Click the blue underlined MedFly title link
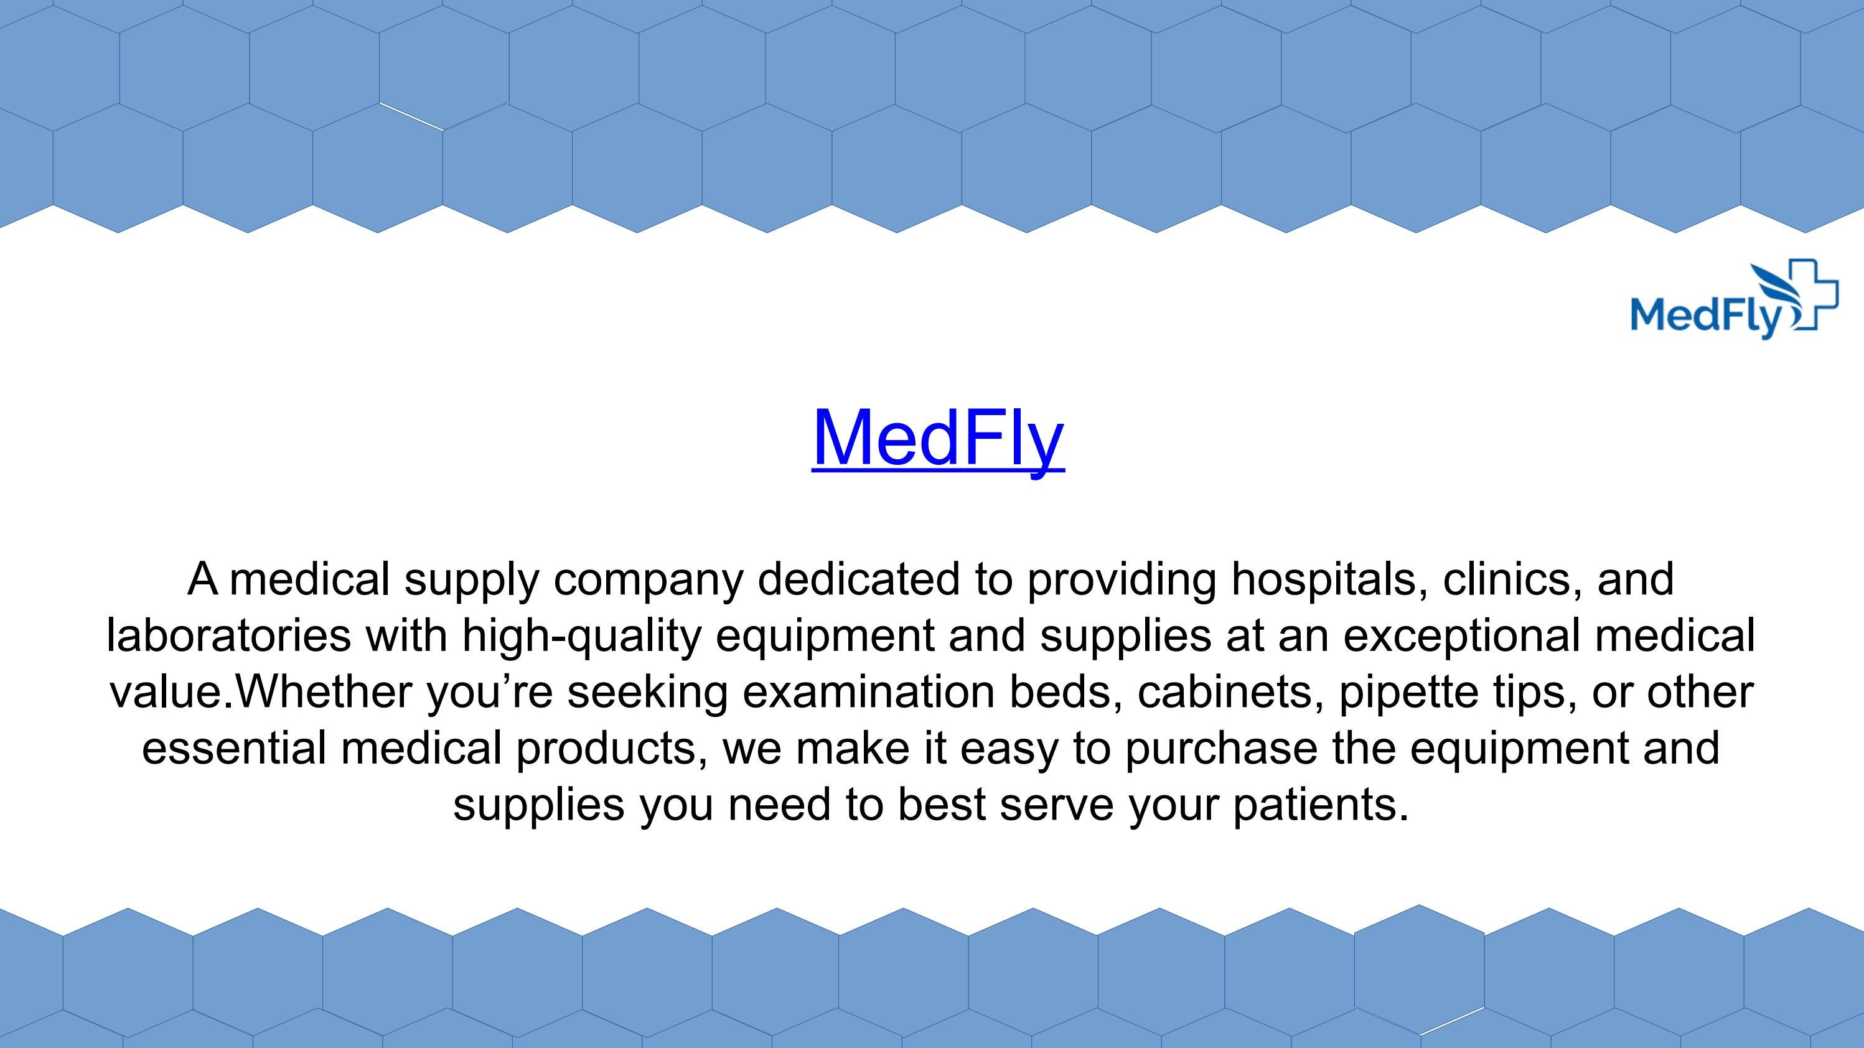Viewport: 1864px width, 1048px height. click(x=938, y=438)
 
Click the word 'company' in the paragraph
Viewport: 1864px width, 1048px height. click(x=649, y=581)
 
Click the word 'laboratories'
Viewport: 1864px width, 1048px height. click(x=228, y=635)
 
